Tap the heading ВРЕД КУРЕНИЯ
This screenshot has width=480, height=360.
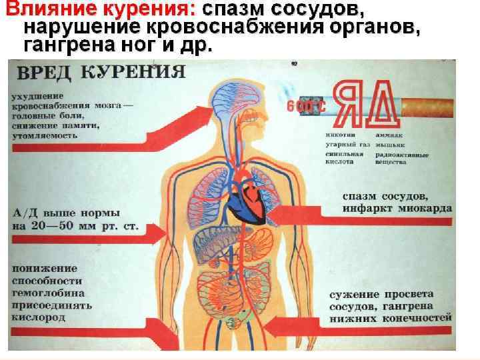pos(100,72)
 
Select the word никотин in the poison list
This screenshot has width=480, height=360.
pos(339,135)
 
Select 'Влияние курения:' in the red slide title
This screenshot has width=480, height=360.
pos(101,11)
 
